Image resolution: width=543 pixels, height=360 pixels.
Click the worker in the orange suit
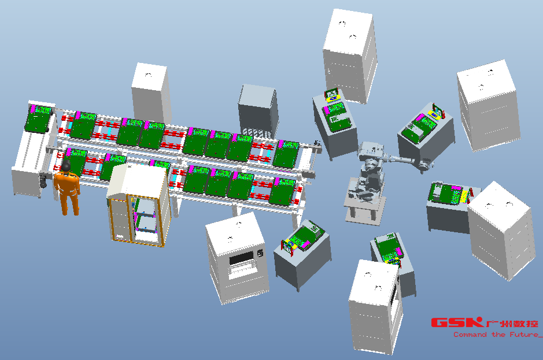click(x=67, y=188)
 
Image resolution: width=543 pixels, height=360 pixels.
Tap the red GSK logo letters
click(x=457, y=322)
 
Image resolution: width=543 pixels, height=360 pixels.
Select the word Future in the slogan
click(x=523, y=335)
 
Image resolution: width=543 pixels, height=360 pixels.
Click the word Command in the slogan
click(x=470, y=335)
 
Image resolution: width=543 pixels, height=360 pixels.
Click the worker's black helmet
click(x=66, y=166)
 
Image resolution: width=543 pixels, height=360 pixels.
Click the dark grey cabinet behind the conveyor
click(x=258, y=112)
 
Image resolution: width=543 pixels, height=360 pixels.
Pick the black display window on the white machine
click(x=241, y=258)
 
